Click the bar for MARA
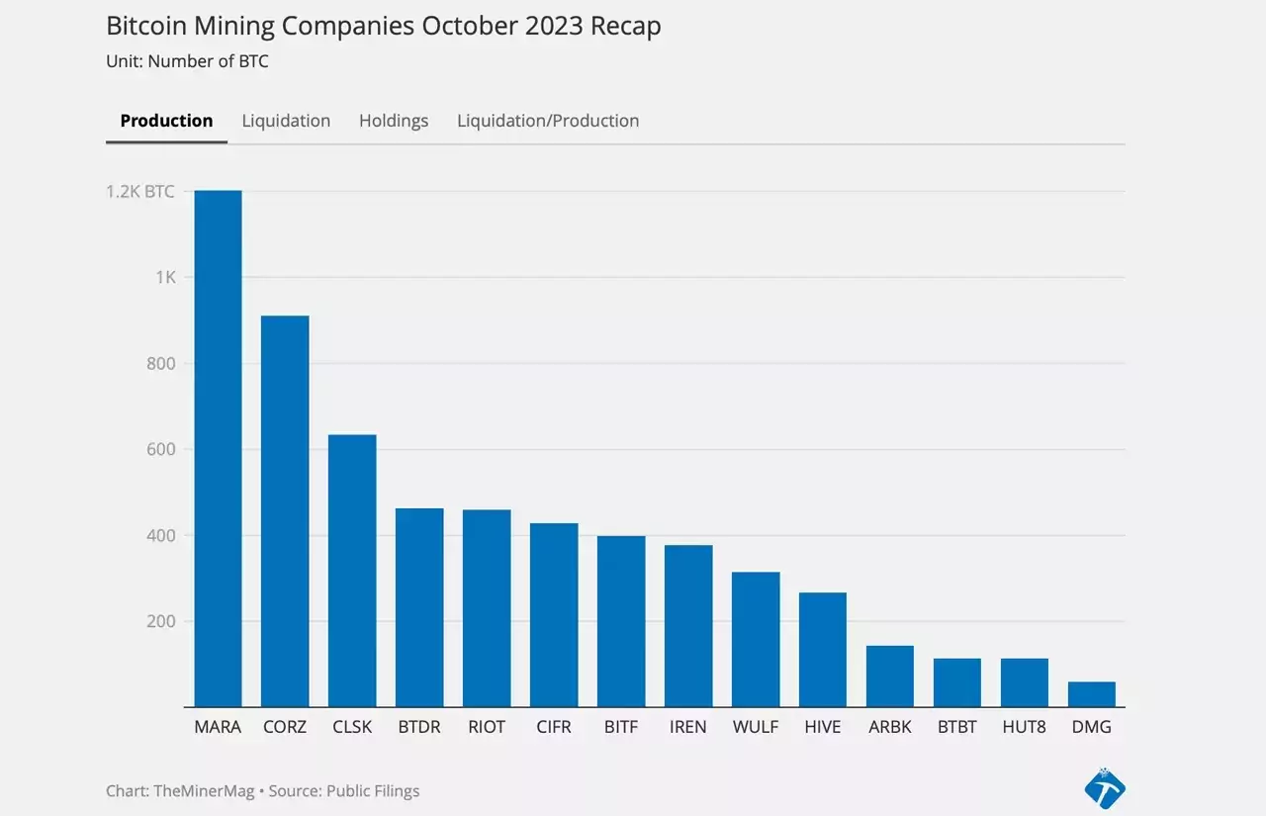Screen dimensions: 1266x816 219,449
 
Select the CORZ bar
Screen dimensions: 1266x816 285,511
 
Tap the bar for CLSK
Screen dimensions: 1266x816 352,571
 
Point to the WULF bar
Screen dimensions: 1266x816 756,640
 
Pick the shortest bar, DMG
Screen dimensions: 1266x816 1092,694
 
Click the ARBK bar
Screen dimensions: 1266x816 890,677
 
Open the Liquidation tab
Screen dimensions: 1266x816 286,121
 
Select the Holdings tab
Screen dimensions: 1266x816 394,121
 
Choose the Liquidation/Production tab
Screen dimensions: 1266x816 548,121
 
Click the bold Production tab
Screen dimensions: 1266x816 167,121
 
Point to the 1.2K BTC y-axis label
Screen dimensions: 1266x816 140,192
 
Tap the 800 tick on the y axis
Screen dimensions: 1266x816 161,363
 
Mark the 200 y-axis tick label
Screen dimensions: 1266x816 161,621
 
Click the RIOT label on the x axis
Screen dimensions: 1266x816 487,727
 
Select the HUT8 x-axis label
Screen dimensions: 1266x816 1024,727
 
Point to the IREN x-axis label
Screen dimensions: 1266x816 687,727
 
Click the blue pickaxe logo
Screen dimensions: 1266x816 1105,788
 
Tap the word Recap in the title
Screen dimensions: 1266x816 626,27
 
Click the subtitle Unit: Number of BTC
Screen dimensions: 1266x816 187,61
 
